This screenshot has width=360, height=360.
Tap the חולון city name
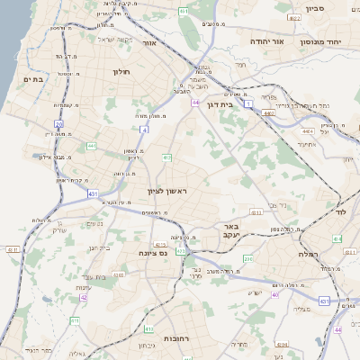(122, 71)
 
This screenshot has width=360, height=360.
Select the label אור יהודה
(265, 41)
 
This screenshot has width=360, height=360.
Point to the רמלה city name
(332, 255)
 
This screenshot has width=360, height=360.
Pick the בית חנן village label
(99, 247)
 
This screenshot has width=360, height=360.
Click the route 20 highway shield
(58, 124)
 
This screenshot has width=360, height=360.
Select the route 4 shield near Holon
(144, 130)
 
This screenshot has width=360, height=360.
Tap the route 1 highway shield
(248, 104)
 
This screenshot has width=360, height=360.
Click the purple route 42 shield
(84, 297)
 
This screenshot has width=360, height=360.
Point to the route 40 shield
(275, 294)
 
